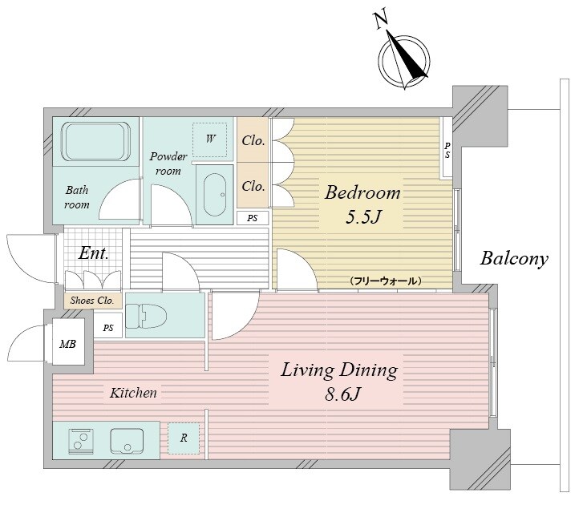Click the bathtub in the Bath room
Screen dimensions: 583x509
click(96, 141)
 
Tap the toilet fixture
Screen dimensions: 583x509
click(146, 316)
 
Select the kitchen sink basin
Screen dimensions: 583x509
click(127, 441)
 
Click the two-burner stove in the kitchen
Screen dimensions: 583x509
click(81, 442)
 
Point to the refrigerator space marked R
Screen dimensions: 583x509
click(184, 438)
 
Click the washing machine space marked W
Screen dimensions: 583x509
click(210, 139)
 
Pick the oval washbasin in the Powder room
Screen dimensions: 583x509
click(215, 194)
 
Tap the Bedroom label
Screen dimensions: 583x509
click(362, 193)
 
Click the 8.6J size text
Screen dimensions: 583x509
click(342, 394)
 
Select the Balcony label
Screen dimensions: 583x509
click(514, 259)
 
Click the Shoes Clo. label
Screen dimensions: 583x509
click(92, 301)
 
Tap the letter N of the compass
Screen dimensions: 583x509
click(380, 20)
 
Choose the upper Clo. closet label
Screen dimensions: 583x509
click(253, 140)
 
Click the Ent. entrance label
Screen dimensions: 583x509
click(93, 253)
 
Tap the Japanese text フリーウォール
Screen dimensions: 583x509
click(385, 281)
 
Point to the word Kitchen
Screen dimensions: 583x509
click(133, 393)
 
